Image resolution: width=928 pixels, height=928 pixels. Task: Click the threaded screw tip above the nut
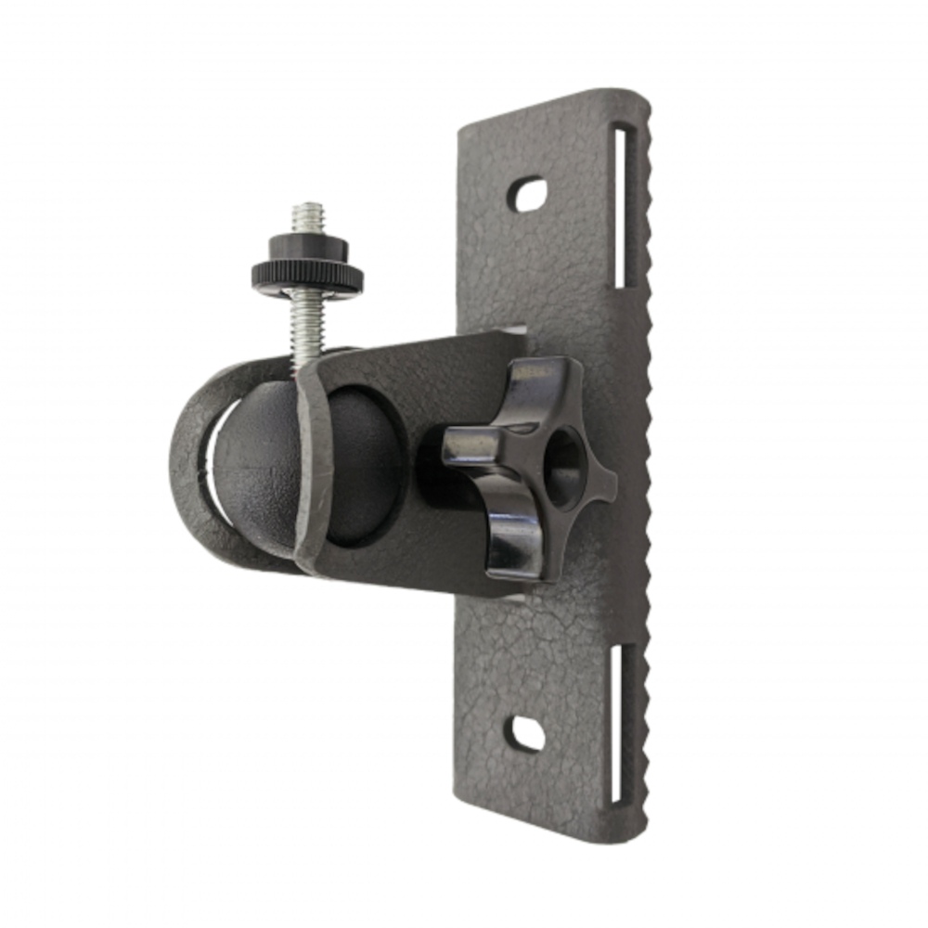(x=307, y=218)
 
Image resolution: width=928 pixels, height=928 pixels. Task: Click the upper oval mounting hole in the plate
(x=529, y=193)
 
